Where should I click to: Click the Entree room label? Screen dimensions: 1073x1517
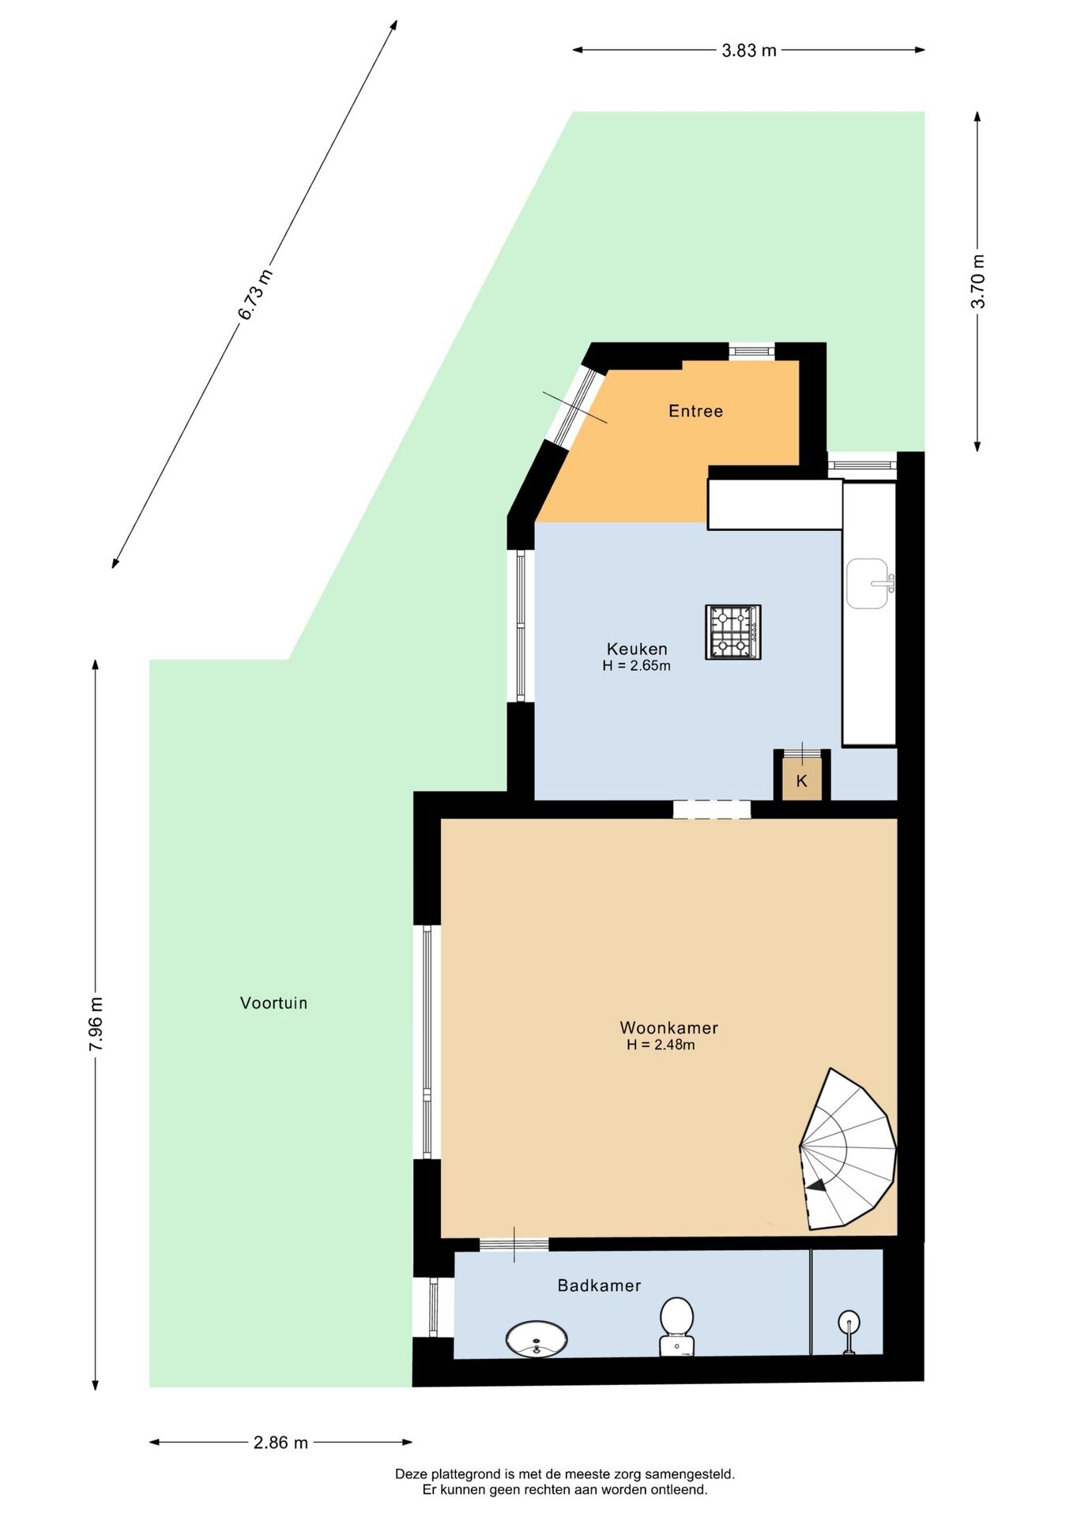tap(695, 411)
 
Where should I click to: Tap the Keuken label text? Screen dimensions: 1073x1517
tap(637, 649)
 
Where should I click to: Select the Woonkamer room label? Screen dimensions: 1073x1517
tap(668, 1028)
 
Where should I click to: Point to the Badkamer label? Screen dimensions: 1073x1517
tap(599, 1285)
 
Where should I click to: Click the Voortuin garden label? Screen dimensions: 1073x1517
tap(273, 1003)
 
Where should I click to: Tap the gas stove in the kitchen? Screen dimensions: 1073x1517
tap(733, 632)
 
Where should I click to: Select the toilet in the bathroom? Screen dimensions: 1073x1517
tap(677, 1327)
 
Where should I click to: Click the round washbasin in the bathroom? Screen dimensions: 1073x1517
tap(536, 1339)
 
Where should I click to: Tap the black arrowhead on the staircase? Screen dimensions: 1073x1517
tap(816, 1185)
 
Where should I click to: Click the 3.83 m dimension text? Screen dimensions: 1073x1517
tap(749, 51)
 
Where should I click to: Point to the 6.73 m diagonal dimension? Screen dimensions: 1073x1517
tap(255, 294)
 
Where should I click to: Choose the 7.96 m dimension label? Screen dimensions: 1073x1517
tap(96, 1024)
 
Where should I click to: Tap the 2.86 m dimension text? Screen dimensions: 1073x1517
tap(280, 1443)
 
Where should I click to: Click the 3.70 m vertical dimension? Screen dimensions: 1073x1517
tap(978, 281)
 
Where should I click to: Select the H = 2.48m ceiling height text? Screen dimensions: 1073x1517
tap(661, 1045)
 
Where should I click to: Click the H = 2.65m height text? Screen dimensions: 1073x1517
tap(636, 665)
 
